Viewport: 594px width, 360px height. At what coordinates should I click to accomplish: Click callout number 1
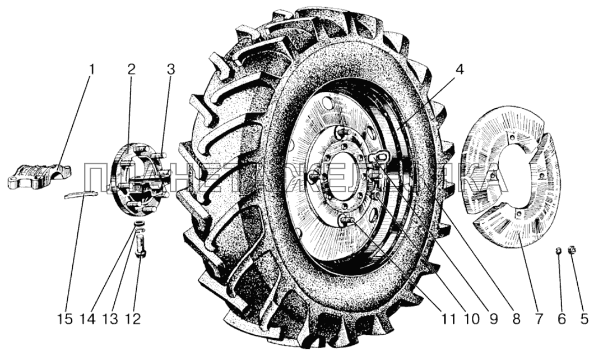point(92,71)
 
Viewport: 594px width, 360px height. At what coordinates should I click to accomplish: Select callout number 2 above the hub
point(131,71)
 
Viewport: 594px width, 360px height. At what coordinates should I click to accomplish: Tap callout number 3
point(170,71)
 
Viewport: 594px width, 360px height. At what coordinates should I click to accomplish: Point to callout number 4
point(459,71)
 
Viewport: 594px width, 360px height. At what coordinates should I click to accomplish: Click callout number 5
point(583,319)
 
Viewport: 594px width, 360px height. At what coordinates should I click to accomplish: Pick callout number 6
point(561,319)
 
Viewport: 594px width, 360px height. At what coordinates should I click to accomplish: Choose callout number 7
point(539,319)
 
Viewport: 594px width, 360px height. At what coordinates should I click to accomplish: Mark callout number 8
point(516,319)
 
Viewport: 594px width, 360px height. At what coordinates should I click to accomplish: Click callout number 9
point(494,319)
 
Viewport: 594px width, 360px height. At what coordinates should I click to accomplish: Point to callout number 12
point(133,319)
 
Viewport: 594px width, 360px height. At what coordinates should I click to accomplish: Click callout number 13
point(110,319)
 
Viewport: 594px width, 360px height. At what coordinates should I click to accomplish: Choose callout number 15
point(64,319)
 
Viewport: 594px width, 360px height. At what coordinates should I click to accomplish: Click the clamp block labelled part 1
point(39,174)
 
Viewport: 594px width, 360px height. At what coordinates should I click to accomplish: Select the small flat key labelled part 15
point(82,195)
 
